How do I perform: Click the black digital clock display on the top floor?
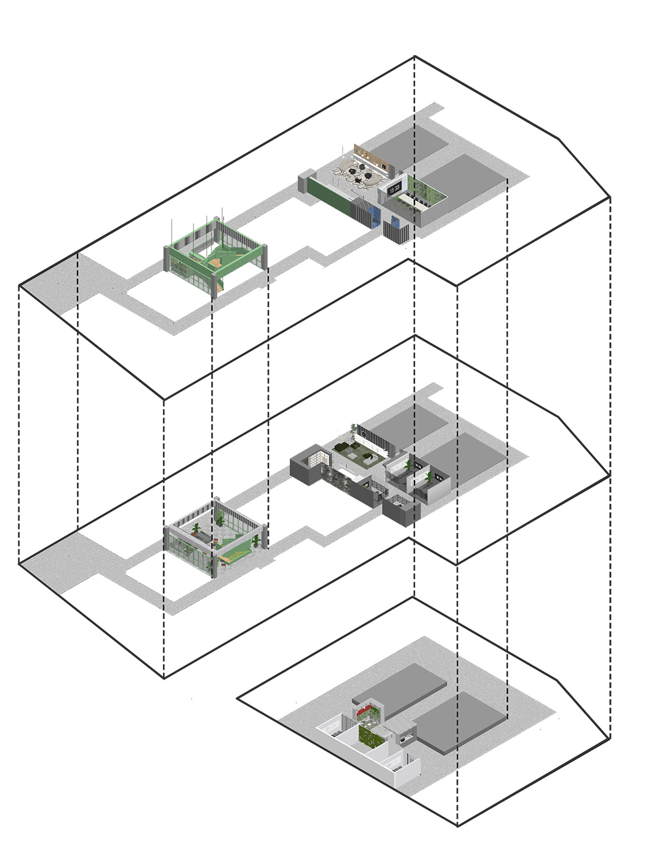(394, 189)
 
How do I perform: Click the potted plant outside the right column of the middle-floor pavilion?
(256, 541)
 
